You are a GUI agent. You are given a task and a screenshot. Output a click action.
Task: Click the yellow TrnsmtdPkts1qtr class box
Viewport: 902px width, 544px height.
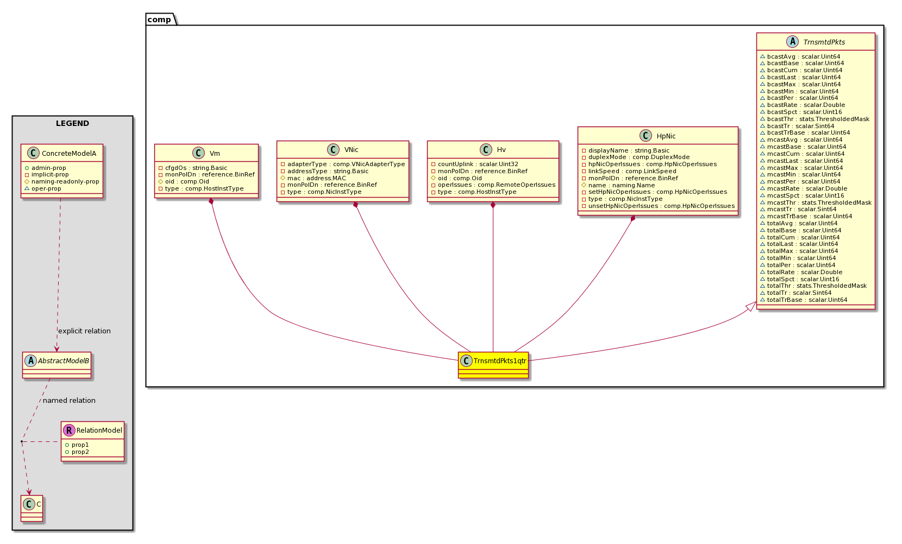tap(493, 365)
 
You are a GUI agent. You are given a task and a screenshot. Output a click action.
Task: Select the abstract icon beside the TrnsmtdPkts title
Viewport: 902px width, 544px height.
tap(792, 41)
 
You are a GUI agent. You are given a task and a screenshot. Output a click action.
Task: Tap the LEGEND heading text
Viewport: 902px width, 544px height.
tap(72, 124)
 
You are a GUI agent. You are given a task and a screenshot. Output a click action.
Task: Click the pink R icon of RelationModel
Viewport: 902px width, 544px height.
tap(69, 430)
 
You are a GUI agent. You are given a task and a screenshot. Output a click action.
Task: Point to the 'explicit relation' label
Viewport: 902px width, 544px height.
tap(84, 331)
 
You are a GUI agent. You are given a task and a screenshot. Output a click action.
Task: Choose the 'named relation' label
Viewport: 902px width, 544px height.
tap(69, 400)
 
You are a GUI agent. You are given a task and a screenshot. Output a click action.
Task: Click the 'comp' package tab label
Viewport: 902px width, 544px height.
tap(159, 20)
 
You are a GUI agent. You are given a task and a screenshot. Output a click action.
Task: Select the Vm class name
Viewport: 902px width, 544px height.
tap(215, 153)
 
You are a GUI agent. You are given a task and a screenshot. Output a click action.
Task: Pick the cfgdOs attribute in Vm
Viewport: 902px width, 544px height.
tap(196, 168)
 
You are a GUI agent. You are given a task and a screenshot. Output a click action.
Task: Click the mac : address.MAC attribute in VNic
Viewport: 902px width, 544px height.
tap(316, 178)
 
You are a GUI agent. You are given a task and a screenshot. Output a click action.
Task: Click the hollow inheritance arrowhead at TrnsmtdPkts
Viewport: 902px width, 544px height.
tap(751, 306)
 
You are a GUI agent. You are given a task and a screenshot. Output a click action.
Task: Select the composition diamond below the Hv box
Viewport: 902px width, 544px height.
tap(493, 205)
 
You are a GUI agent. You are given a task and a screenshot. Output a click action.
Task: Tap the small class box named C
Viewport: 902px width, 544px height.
tap(32, 509)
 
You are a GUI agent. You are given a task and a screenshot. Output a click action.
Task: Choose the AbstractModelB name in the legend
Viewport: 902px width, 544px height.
tap(63, 361)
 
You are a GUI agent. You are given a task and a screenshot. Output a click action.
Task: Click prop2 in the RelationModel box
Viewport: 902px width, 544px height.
tap(80, 452)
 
